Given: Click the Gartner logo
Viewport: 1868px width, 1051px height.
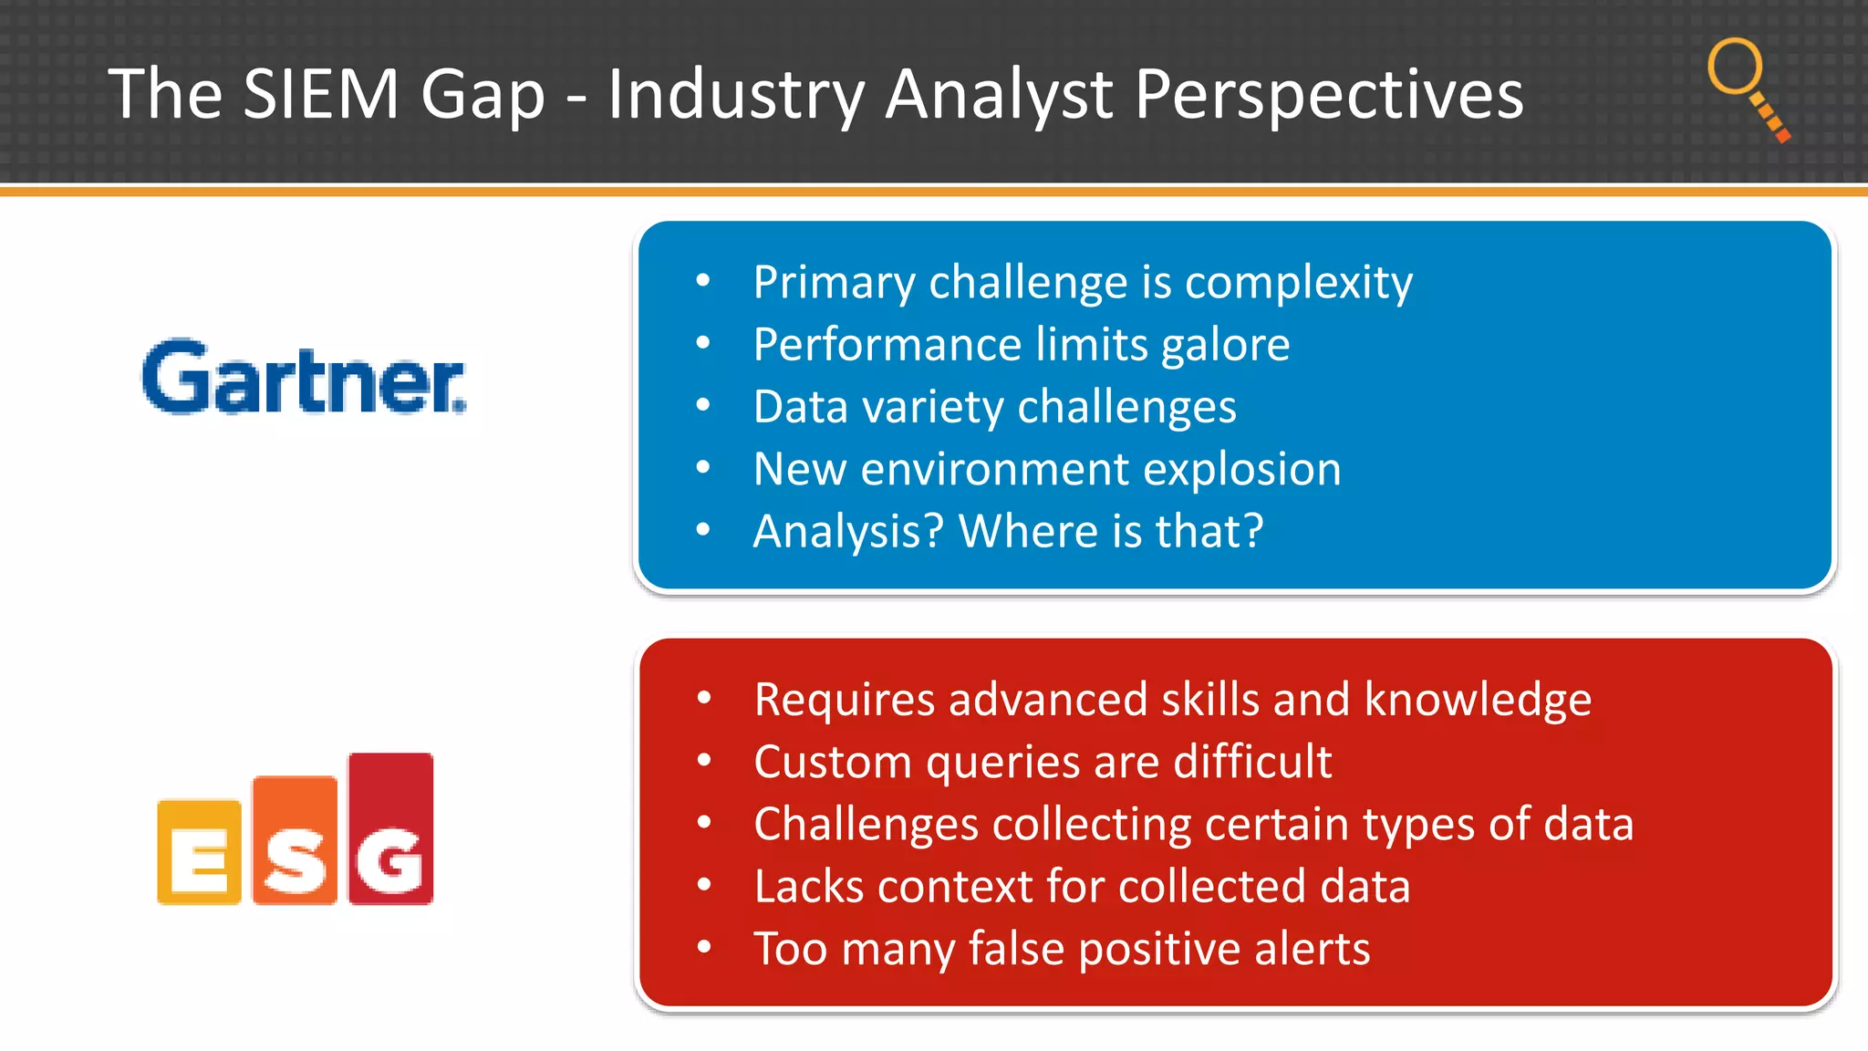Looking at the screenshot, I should pos(304,378).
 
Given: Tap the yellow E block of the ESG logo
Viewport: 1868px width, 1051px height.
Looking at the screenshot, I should pos(199,853).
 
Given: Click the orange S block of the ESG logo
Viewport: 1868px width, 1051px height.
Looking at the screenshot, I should pos(295,841).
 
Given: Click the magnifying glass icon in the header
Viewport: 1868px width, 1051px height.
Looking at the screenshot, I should pos(1746,87).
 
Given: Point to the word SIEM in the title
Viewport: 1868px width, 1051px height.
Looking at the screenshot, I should pos(321,94).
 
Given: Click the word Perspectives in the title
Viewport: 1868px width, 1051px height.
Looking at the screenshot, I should pos(1328,94).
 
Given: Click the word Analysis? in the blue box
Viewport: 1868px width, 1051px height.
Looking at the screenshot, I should pos(847,532).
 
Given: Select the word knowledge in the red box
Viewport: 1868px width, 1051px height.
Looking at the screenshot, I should pos(1478,700).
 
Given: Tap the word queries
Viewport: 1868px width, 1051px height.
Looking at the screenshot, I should pos(1002,763).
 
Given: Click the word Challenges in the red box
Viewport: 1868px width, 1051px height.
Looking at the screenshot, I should pos(866,825).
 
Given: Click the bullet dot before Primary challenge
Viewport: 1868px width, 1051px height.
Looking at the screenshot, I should pos(702,281).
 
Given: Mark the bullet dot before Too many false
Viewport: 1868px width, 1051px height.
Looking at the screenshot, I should pos(703,947).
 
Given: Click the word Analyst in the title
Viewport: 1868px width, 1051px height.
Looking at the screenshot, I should pos(999,94).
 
